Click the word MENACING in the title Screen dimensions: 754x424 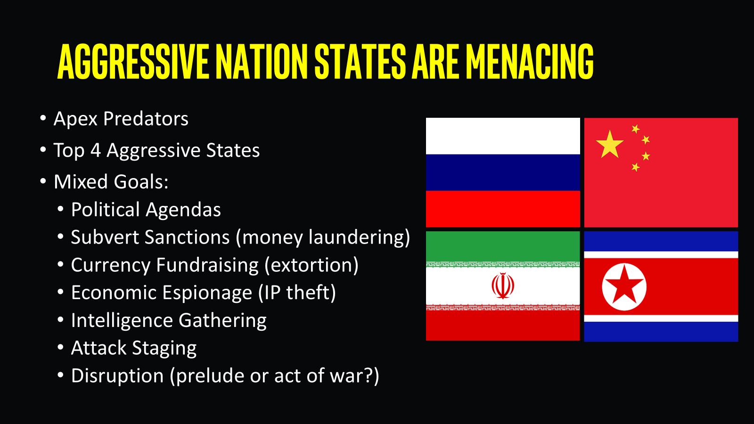(530, 61)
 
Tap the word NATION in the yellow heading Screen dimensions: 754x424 (262, 61)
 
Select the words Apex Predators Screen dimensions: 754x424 (121, 119)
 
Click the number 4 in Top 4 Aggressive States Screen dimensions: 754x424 (96, 150)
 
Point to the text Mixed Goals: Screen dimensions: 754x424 (111, 182)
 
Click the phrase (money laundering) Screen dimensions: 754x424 (323, 237)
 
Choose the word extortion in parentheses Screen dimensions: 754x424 (311, 265)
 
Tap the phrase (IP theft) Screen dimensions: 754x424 (297, 293)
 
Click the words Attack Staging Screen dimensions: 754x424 (134, 348)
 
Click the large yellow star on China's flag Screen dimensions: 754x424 (610, 144)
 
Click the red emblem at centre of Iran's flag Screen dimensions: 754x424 (502, 285)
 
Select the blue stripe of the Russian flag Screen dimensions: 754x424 (503, 172)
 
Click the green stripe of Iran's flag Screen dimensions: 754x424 (503, 246)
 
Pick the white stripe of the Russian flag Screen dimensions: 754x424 (503, 136)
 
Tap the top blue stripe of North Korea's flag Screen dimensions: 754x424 (661, 241)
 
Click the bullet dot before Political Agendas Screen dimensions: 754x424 (61, 209)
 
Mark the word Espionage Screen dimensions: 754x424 (207, 293)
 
